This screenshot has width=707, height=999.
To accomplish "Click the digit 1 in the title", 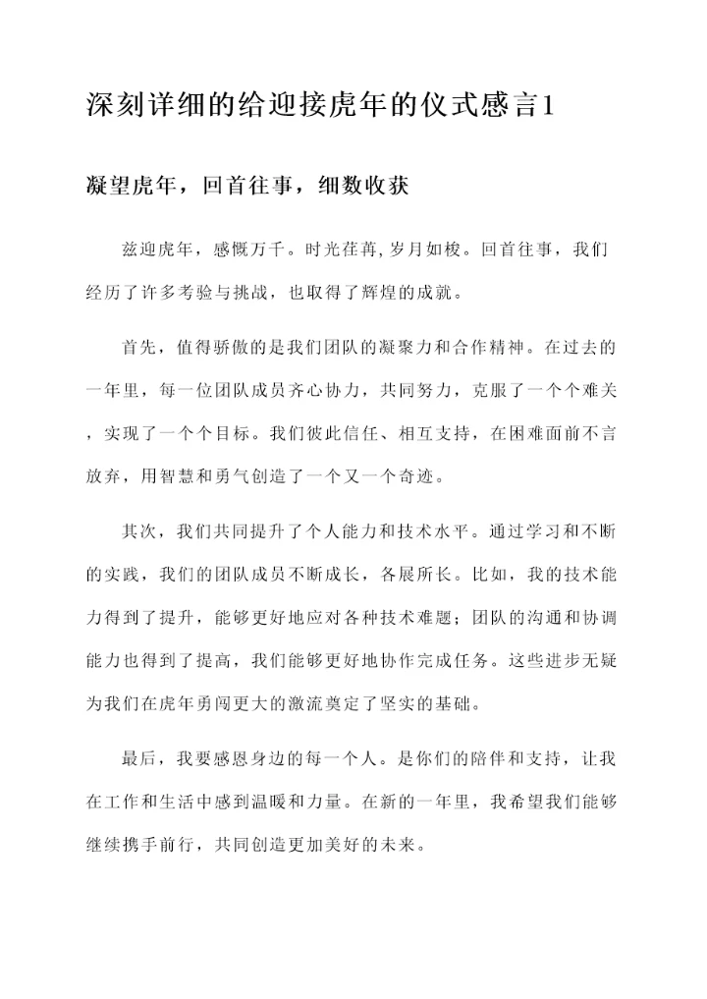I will (x=547, y=107).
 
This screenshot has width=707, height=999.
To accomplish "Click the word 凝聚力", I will (x=378, y=349).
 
